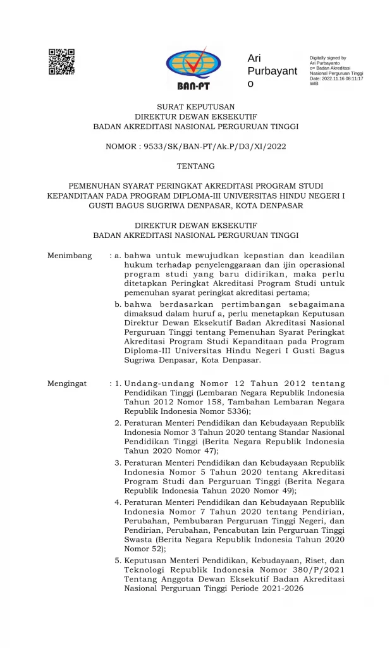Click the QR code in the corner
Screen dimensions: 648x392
coord(61,61)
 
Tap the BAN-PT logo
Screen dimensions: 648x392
coord(194,68)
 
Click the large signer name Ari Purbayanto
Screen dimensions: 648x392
coord(271,71)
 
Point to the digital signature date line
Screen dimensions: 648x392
coord(336,78)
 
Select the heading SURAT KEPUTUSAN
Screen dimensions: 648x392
coord(195,106)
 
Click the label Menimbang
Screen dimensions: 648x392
coord(70,256)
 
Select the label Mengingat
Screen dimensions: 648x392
coord(70,383)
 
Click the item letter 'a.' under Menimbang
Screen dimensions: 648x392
coord(118,256)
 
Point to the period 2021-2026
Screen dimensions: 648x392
coord(280,588)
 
